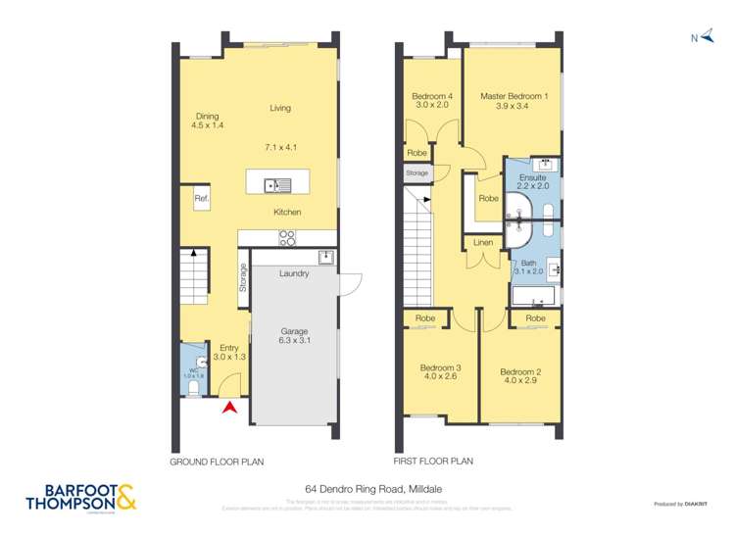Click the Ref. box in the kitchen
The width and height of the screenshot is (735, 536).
[x=202, y=199]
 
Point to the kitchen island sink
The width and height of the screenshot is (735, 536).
[x=282, y=182]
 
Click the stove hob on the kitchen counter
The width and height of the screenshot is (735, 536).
[x=287, y=235]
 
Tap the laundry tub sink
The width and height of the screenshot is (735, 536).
[x=325, y=257]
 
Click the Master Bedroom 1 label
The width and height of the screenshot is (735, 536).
[x=514, y=96]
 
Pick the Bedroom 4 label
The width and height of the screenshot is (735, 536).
[x=431, y=95]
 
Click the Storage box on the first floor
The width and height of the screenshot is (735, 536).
[x=417, y=172]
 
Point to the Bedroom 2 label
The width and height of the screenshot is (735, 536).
[x=519, y=371]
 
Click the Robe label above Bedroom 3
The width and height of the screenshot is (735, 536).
[x=425, y=318]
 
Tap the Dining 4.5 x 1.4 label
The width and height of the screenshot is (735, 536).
[x=208, y=121]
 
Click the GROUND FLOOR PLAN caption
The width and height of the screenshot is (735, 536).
[x=217, y=461]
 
